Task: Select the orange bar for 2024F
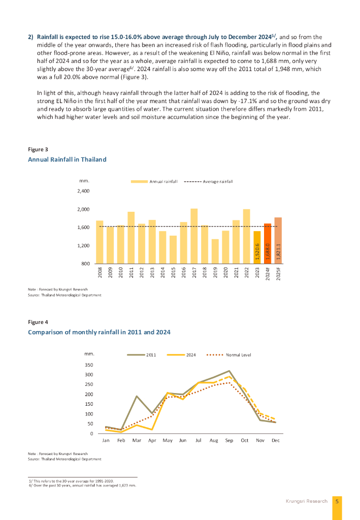coord(268,243)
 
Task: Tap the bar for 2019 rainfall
coord(215,251)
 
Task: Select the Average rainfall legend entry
coord(218,181)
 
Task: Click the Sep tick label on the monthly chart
coord(229,440)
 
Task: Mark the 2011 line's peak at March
coord(137,396)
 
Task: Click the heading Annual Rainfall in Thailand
coord(67,159)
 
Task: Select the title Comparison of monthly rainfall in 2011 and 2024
coord(99,332)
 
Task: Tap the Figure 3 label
coord(38,150)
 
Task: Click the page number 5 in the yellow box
coord(337,501)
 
